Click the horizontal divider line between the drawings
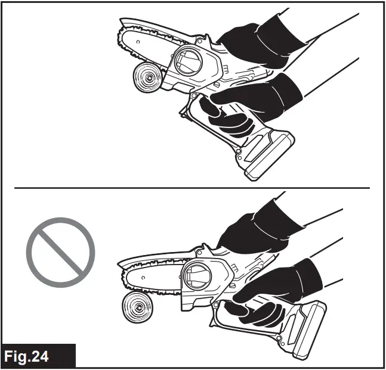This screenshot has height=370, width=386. (191, 188)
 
